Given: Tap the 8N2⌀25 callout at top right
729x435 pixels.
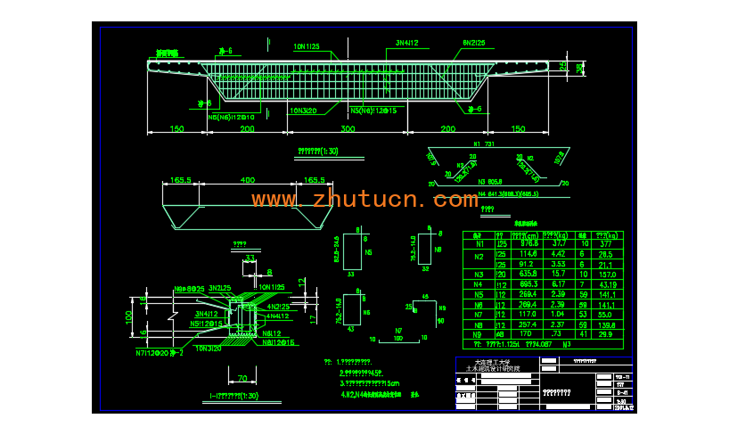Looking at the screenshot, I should [473, 43].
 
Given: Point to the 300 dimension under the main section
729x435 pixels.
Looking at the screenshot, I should [347, 130].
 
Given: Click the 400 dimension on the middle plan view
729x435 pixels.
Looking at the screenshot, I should [247, 180].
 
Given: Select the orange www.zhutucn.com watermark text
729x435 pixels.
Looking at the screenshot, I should [364, 200].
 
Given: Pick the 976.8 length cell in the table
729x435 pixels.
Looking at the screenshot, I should [529, 242].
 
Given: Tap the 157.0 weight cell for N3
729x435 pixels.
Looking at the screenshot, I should [610, 275].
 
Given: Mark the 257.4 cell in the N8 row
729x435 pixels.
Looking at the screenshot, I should [529, 324].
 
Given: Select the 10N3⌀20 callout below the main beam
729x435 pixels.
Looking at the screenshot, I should [302, 111].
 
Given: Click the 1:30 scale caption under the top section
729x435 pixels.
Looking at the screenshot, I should [319, 151].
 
